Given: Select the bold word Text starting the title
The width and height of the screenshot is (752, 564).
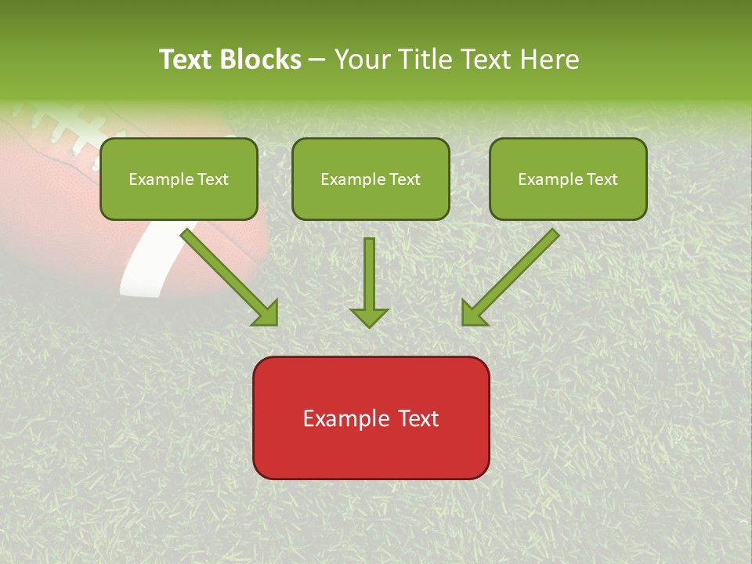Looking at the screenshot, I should point(187,60).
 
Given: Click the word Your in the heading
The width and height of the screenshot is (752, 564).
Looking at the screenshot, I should point(362,60).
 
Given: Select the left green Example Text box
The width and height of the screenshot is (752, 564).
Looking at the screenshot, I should point(179,179).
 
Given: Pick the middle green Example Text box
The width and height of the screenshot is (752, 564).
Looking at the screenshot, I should point(371,179).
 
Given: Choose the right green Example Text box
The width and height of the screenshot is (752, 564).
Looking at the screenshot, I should point(568,179).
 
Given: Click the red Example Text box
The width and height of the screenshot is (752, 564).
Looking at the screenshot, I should point(371,418).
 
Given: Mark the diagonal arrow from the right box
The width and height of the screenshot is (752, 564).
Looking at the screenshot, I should point(513,274).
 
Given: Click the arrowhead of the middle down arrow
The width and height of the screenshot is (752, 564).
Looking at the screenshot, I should point(369,316).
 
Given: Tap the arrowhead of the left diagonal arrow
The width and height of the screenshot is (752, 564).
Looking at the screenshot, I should point(266,313).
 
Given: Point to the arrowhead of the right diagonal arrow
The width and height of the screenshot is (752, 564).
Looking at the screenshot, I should point(473,313).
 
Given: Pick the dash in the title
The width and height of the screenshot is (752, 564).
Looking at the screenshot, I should point(317,60).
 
